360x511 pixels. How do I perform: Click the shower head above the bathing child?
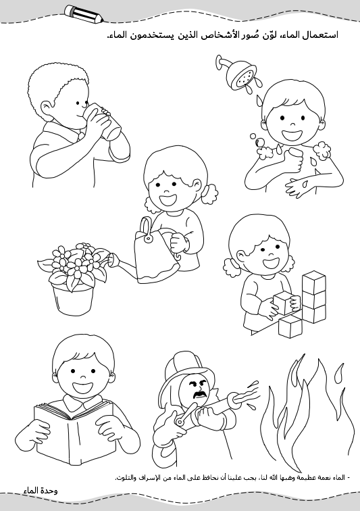(x=240, y=76)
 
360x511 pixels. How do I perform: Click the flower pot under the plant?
(x=73, y=299)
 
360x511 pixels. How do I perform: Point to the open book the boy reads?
(x=74, y=431)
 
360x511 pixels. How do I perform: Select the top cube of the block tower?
(x=314, y=283)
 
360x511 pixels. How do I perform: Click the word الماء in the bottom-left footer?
(x=31, y=491)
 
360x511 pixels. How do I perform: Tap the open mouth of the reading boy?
(x=82, y=387)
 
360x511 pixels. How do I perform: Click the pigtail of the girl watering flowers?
(x=209, y=193)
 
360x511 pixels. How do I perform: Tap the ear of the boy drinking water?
(x=47, y=108)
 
